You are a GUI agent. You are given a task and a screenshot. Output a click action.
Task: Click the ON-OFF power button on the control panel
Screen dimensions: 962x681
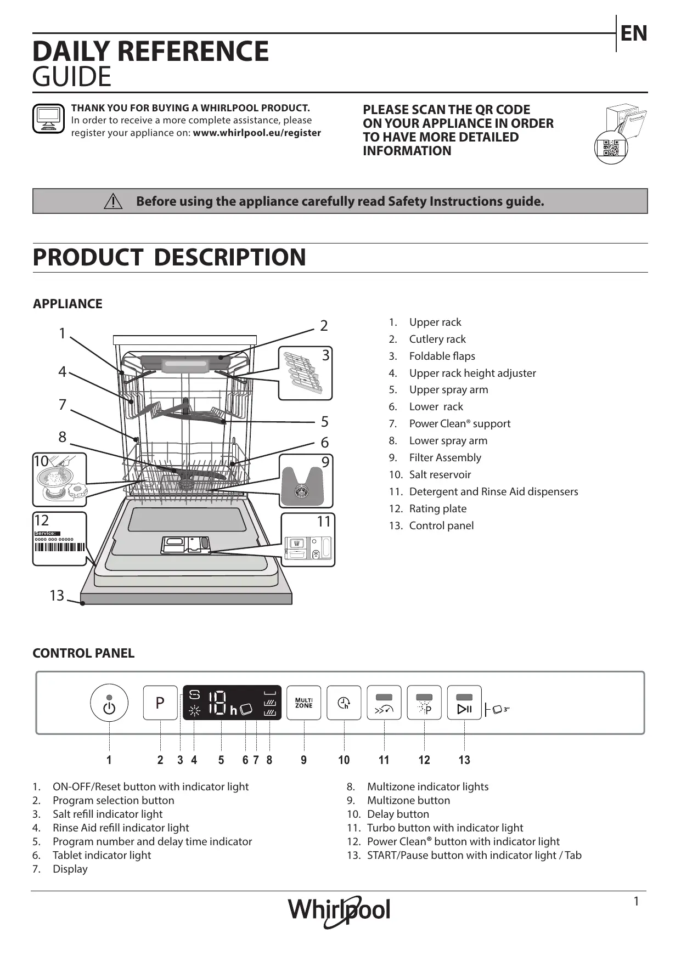[109, 703]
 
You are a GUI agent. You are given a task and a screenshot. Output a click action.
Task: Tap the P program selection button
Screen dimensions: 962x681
[160, 703]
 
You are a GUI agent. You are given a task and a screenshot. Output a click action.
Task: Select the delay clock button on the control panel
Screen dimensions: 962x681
[344, 703]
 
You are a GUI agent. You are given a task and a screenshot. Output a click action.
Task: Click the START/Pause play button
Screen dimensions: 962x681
[464, 703]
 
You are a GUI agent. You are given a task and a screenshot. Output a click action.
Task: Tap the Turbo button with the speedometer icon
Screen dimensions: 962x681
[384, 703]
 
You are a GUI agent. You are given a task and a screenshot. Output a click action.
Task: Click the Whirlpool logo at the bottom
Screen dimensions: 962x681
[340, 910]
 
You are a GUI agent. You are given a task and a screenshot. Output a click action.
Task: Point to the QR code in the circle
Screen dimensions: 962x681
[611, 148]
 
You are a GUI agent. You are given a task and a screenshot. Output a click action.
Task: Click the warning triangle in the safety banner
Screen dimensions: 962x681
[113, 201]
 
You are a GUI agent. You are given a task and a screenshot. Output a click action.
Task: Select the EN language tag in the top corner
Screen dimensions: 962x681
[634, 33]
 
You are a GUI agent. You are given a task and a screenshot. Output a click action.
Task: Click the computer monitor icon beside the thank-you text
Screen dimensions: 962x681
[48, 118]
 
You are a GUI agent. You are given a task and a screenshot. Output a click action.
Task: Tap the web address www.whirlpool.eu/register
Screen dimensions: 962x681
[257, 133]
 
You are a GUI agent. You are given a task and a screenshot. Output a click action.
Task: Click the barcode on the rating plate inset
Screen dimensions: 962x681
[60, 547]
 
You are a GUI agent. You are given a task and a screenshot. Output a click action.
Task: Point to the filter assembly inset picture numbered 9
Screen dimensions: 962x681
[306, 481]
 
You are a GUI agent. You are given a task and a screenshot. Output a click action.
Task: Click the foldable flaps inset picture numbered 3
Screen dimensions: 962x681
[305, 373]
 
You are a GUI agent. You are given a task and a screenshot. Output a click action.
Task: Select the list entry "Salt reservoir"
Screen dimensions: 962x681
[440, 474]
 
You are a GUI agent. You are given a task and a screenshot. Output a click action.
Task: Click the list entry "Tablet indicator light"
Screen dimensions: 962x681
[102, 855]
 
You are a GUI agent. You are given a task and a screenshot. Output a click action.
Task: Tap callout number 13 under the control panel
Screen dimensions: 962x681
[464, 760]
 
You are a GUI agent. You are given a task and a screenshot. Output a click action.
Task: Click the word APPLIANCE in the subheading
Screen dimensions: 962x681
[67, 304]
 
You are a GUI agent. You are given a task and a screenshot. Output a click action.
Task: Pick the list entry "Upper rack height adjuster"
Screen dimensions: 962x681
[472, 373]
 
